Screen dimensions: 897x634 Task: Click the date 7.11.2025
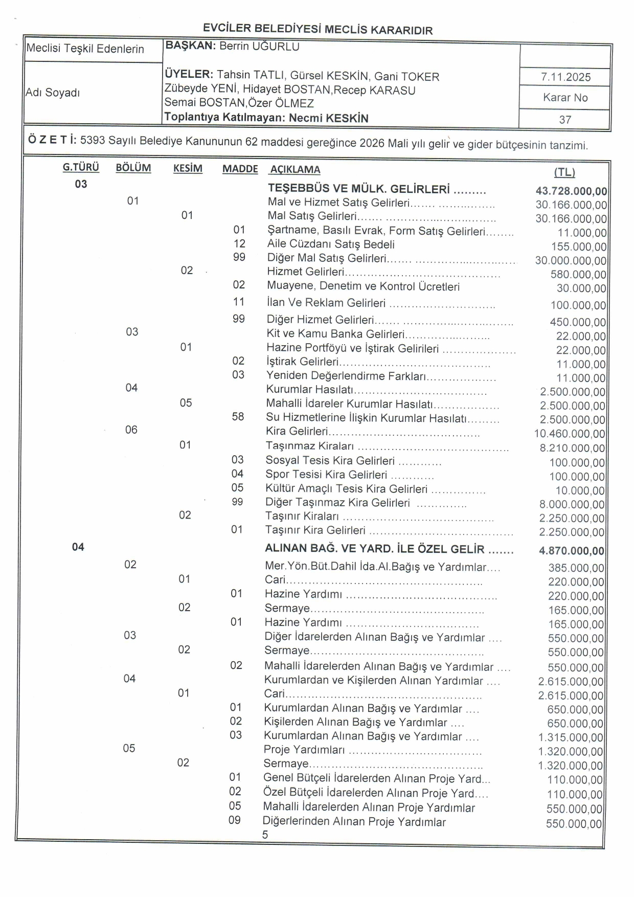[x=565, y=77]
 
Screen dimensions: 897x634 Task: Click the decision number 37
[x=565, y=120]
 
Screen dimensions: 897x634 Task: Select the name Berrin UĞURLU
[x=259, y=47]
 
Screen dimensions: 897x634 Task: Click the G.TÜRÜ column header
[x=81, y=167]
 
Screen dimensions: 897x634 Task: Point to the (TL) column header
[x=564, y=172]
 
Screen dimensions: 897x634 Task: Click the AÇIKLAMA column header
[x=295, y=170]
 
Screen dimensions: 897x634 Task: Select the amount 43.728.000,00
[x=571, y=191]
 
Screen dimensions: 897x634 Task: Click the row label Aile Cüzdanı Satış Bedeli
[x=331, y=244]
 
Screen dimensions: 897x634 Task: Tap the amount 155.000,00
[x=578, y=247]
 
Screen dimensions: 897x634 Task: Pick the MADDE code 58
[x=238, y=417]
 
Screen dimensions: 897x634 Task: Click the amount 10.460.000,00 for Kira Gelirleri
[x=570, y=434]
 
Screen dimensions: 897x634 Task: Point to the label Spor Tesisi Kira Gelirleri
[x=326, y=475]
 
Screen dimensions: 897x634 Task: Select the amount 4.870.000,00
[x=571, y=551]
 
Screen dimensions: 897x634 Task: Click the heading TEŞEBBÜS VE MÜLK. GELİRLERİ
[x=359, y=190]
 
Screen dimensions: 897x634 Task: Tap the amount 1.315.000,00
[x=571, y=737]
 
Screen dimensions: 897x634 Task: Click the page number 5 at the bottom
[x=265, y=835]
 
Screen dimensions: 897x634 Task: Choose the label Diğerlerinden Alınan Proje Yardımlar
[x=354, y=822]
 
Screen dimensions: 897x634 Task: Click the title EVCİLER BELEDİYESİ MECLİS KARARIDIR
[x=318, y=29]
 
